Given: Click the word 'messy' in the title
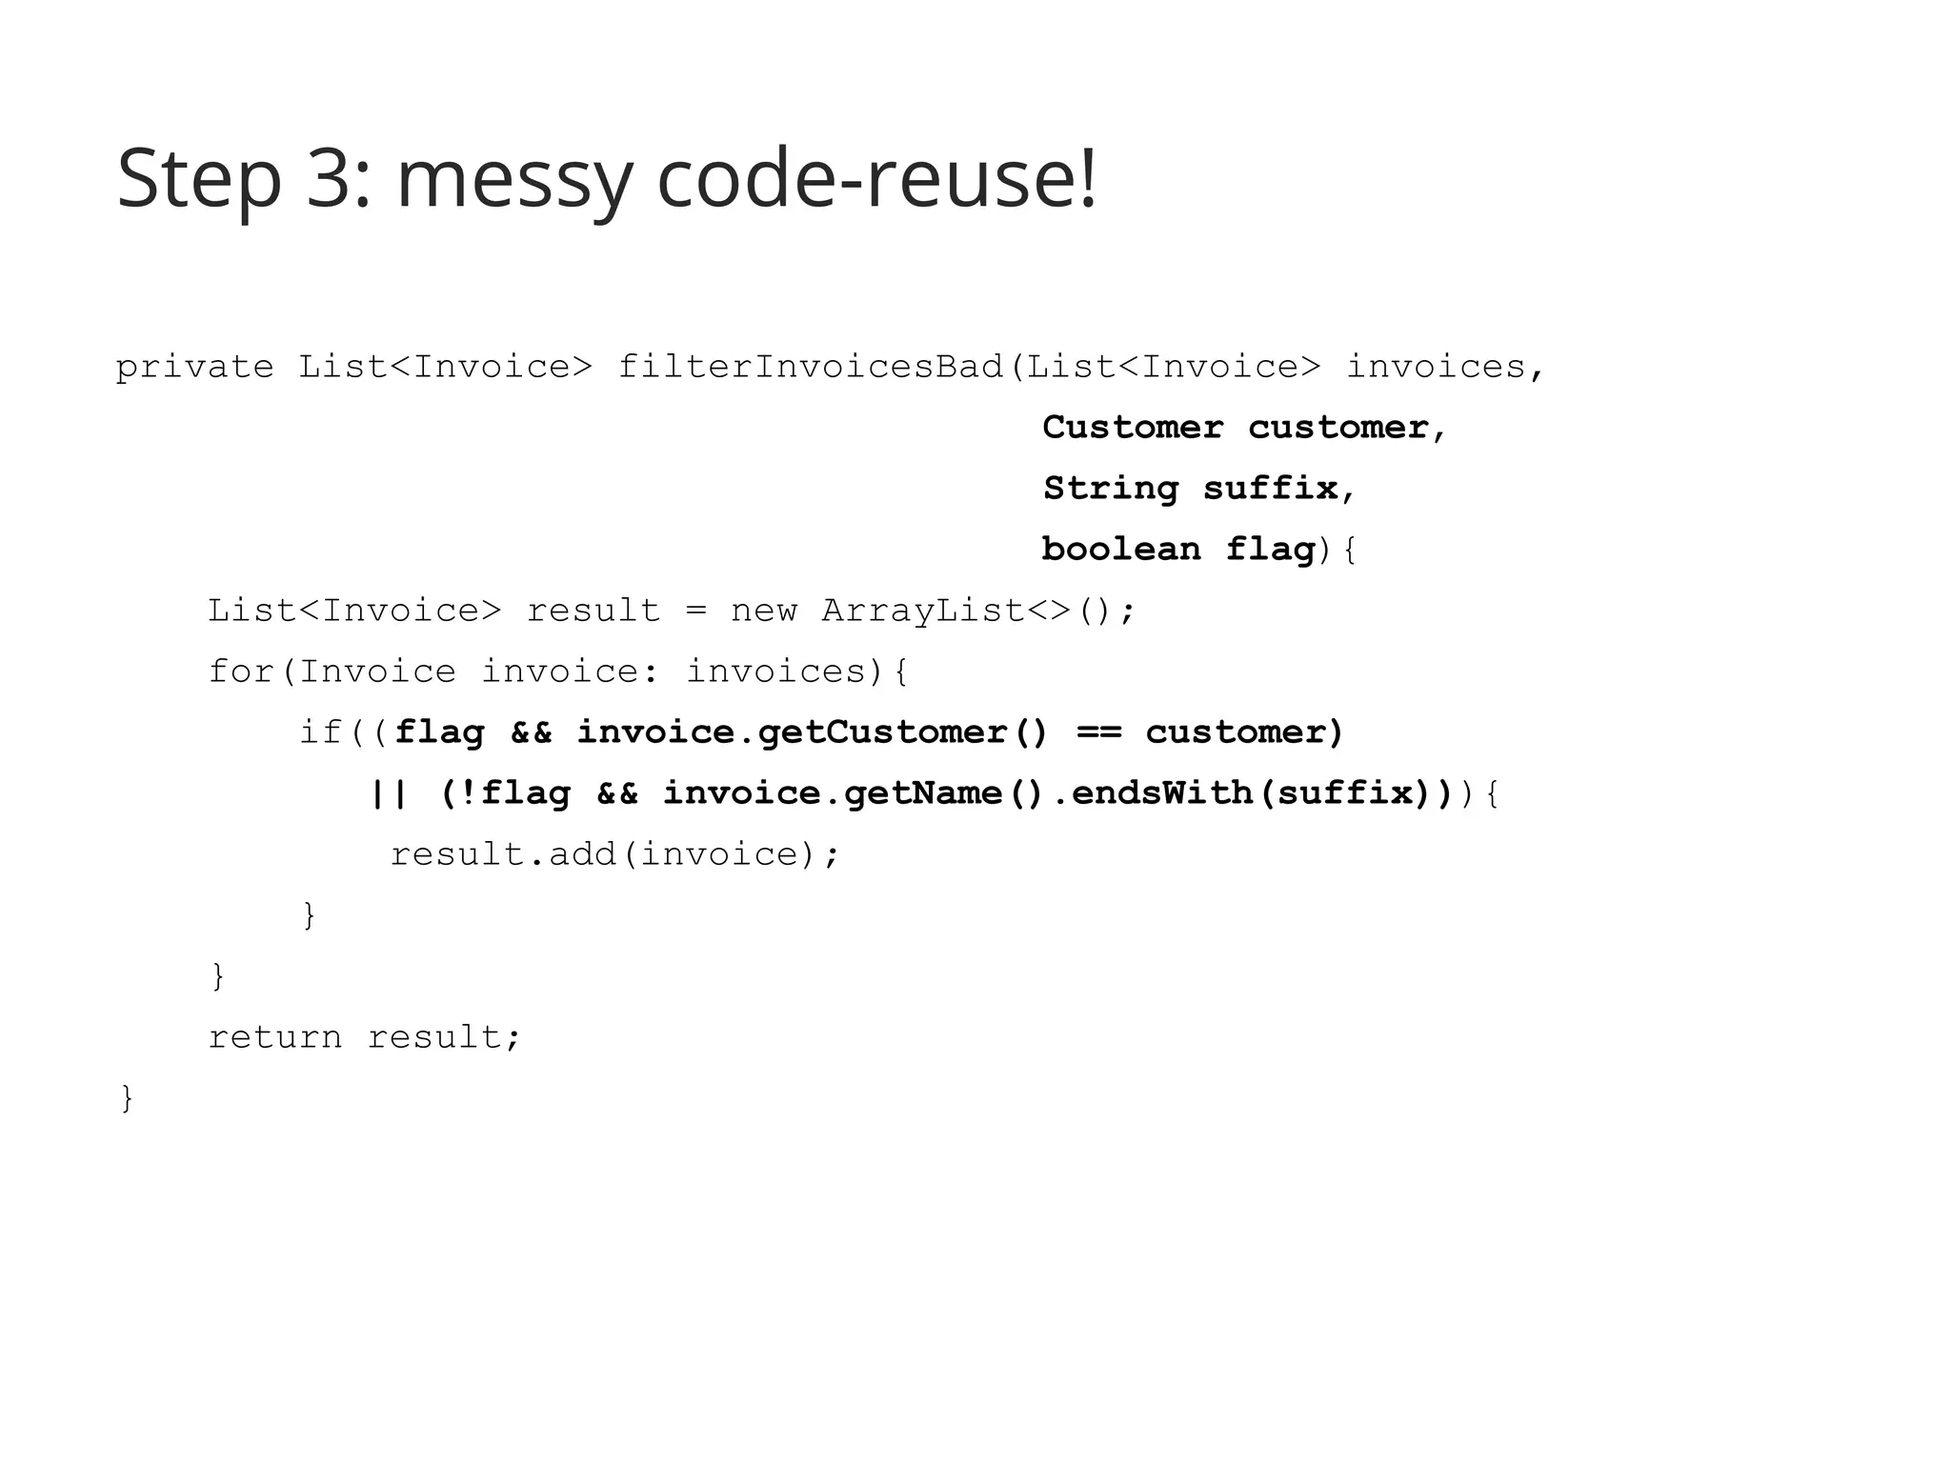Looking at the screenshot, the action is tap(513, 181).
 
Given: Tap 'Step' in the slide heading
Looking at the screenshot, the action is tap(198, 181).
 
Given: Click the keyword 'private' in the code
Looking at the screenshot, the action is tap(194, 367).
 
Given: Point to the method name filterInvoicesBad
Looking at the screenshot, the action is tap(811, 367).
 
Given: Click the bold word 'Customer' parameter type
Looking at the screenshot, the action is tap(1133, 428).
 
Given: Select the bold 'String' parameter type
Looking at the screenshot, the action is tap(1111, 489).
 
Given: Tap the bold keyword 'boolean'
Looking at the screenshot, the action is tap(1121, 550).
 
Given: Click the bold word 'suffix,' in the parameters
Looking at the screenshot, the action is tap(1279, 489).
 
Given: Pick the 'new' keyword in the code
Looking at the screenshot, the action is tap(763, 611).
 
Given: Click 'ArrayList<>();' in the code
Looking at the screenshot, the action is tap(978, 611).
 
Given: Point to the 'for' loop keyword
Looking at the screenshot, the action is tap(241, 671).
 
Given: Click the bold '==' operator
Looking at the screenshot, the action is tap(1098, 732).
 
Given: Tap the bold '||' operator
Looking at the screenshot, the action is tap(389, 793).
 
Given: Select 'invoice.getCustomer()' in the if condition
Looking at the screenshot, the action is tap(812, 732).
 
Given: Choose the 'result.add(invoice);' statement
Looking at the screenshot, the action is tap(615, 854).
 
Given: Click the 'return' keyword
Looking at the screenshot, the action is tap(274, 1037).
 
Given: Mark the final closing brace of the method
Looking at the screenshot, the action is tap(127, 1098).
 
